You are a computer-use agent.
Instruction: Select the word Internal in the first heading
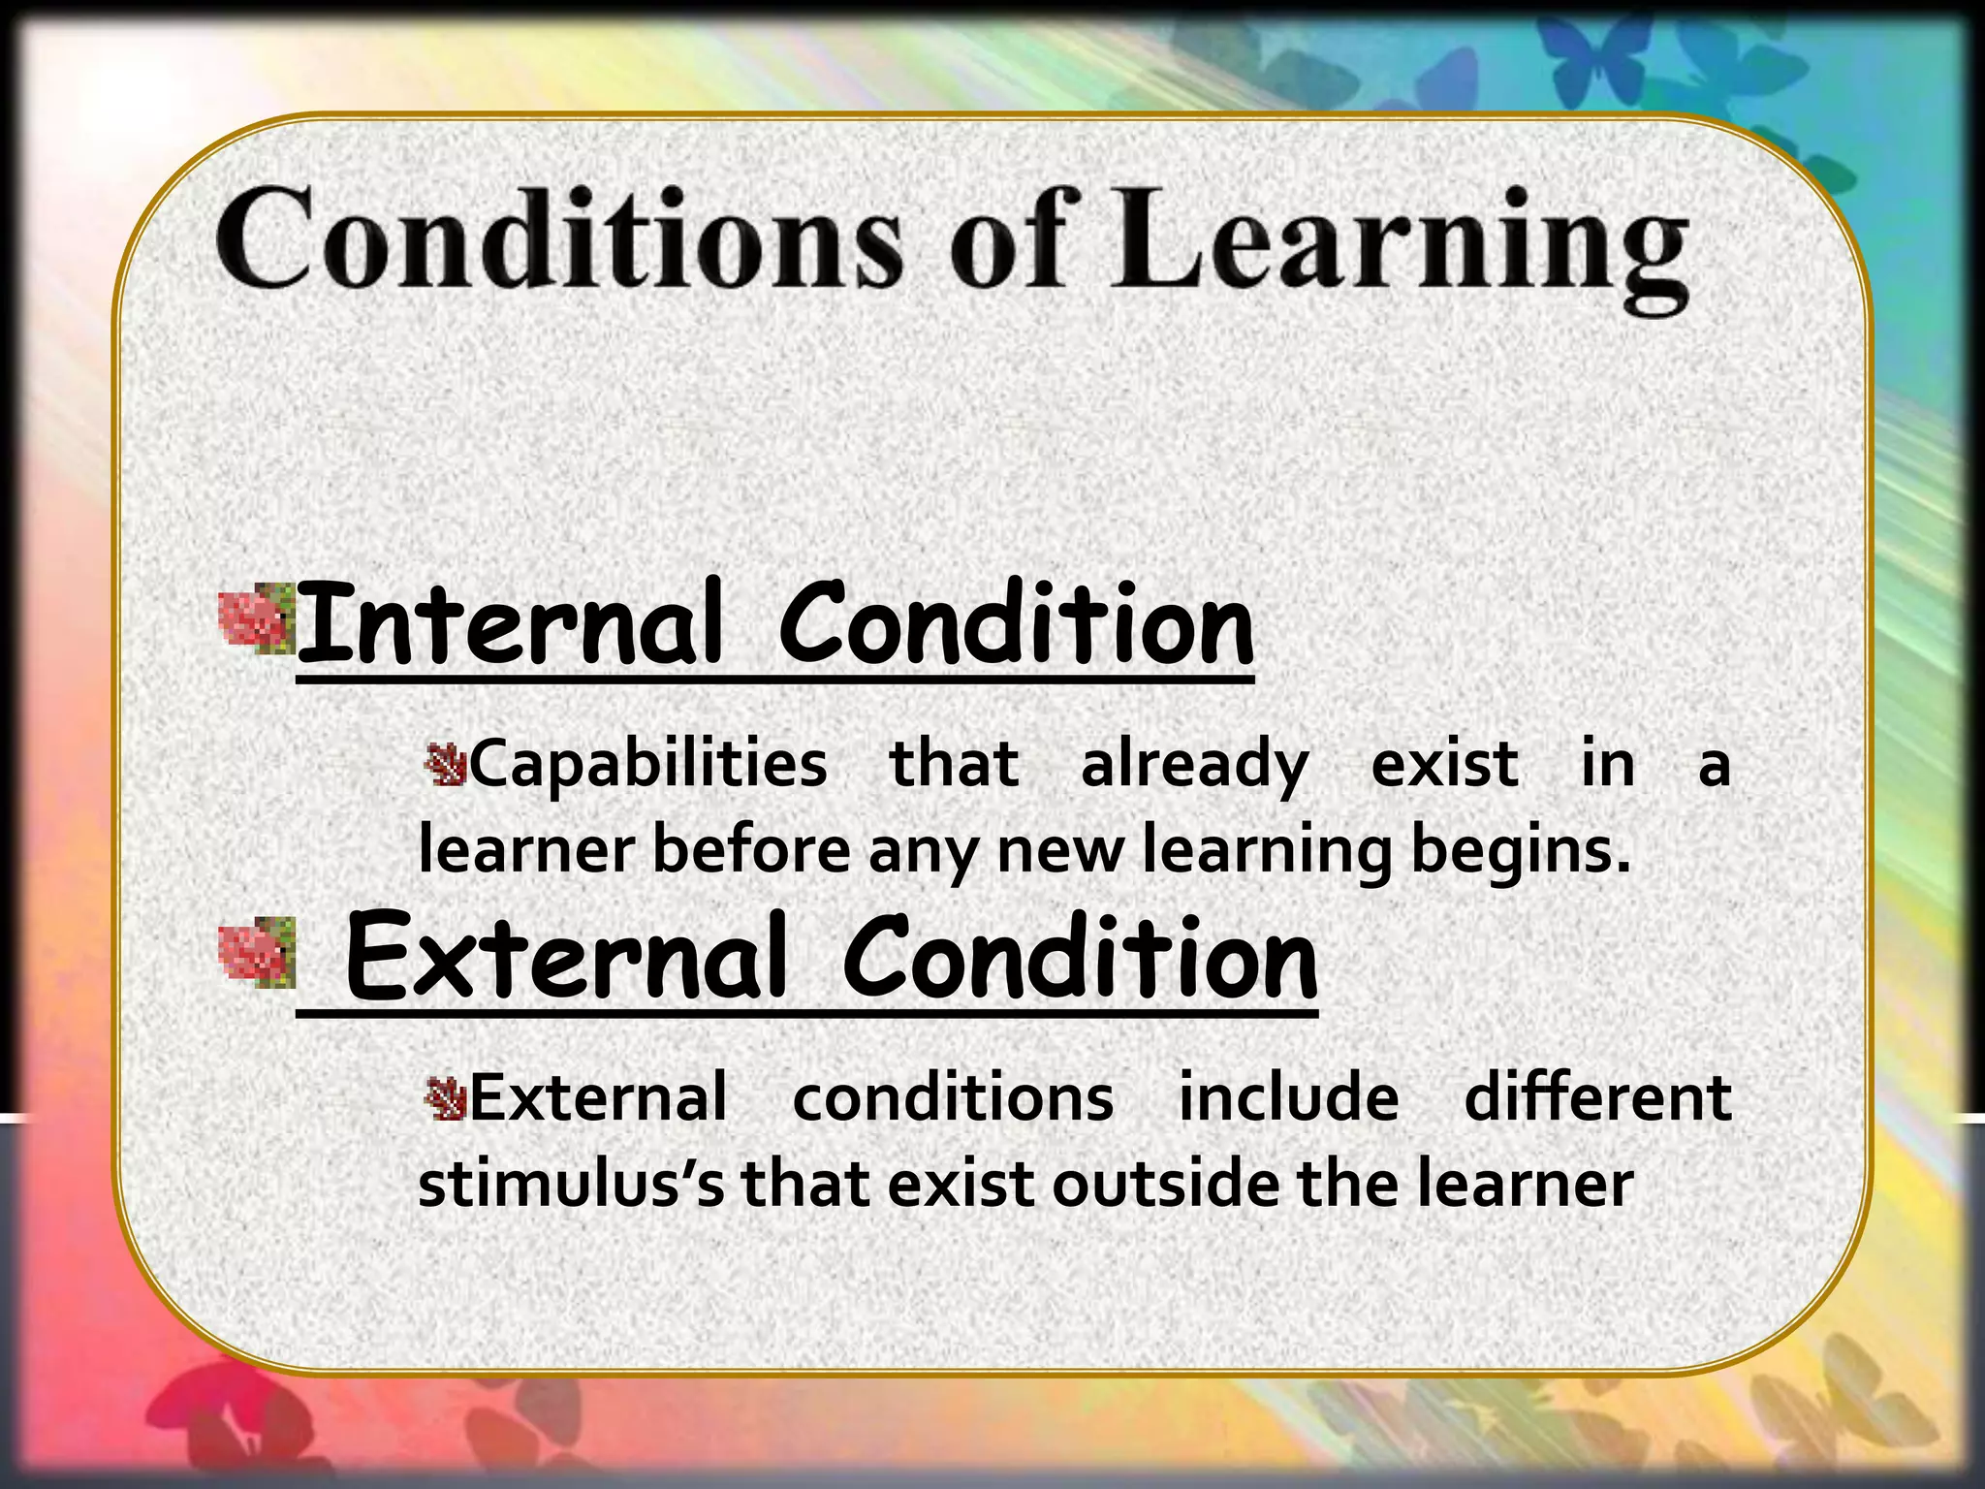pyautogui.click(x=509, y=622)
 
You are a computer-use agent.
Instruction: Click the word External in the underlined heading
pyautogui.click(x=565, y=957)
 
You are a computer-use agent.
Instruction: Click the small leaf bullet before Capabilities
pyautogui.click(x=447, y=765)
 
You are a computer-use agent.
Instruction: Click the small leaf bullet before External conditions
pyautogui.click(x=447, y=1098)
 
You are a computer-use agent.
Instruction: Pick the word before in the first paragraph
pyautogui.click(x=751, y=849)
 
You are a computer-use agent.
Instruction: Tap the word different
pyautogui.click(x=1597, y=1098)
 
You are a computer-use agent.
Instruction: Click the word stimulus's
pyautogui.click(x=570, y=1185)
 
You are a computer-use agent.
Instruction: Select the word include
pyautogui.click(x=1288, y=1098)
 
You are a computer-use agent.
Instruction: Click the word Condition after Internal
pyautogui.click(x=1016, y=622)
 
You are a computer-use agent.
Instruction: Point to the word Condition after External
pyautogui.click(x=1080, y=957)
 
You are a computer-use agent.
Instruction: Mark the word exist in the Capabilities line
pyautogui.click(x=1444, y=764)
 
